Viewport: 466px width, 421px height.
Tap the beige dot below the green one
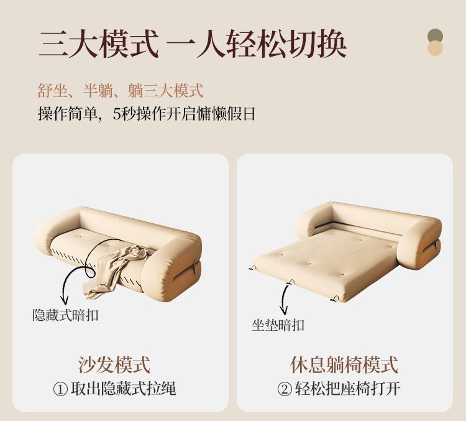coord(436,49)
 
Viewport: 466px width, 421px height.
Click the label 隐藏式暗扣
coord(65,315)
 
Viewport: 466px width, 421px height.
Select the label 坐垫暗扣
coord(278,325)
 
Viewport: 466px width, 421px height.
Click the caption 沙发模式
coord(114,365)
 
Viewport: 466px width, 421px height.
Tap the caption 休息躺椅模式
coord(344,365)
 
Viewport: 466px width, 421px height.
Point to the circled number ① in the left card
coord(60,389)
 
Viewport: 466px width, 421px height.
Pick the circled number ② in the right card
coord(284,389)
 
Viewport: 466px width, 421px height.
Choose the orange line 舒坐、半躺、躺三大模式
coord(121,91)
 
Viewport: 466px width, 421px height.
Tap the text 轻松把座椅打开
coord(347,389)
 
